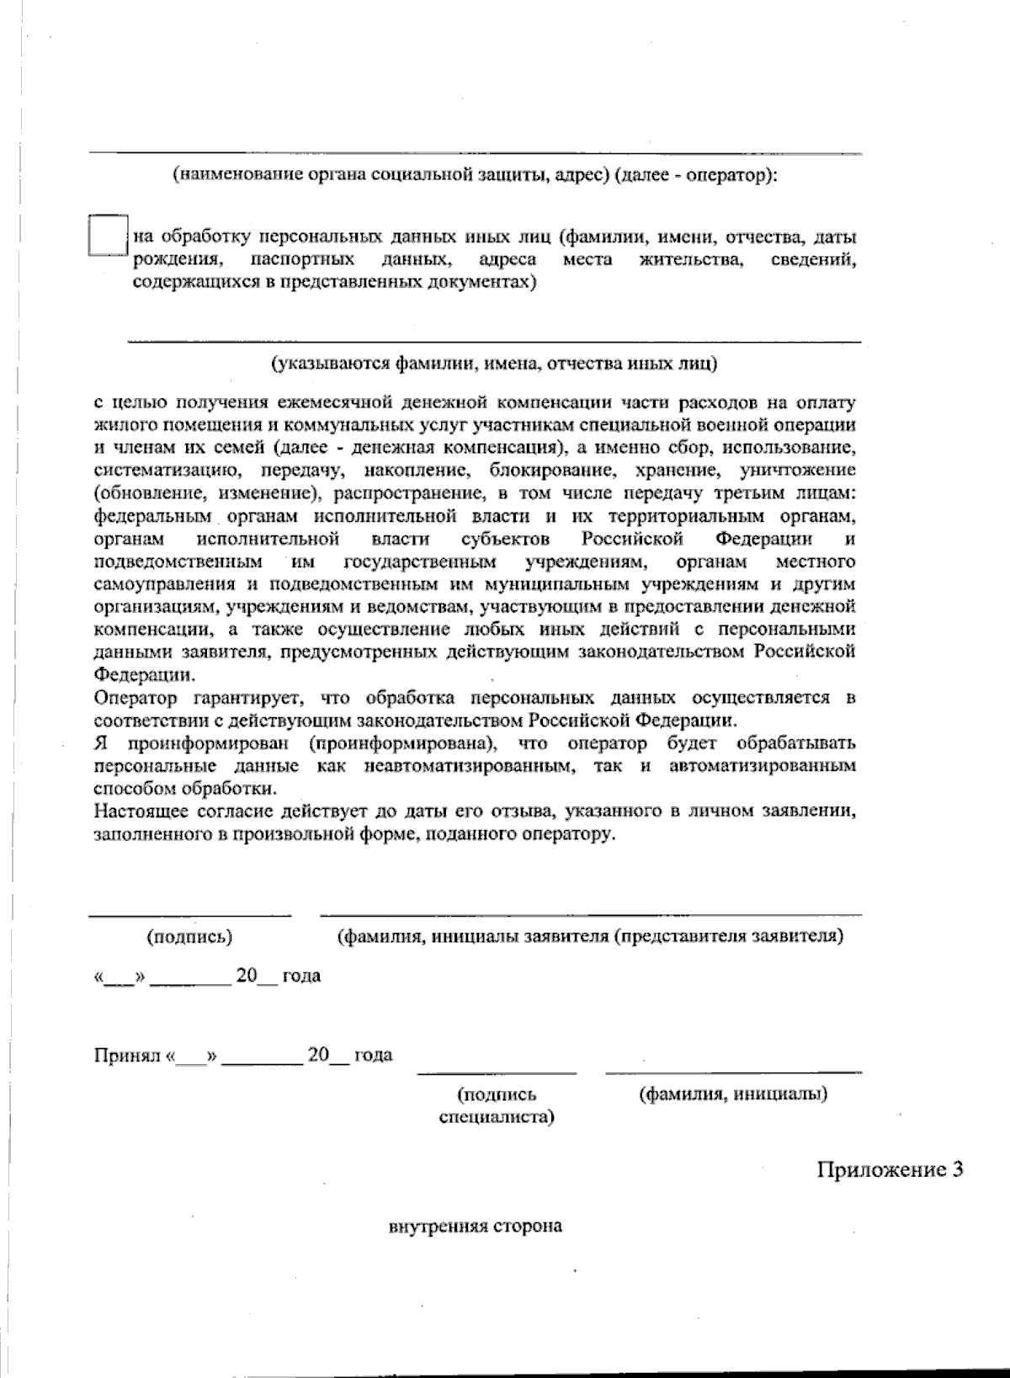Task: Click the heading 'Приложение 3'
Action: [x=890, y=1169]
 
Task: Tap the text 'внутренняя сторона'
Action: [x=475, y=1226]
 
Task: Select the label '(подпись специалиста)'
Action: [x=497, y=1106]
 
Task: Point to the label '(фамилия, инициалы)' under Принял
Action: [x=732, y=1094]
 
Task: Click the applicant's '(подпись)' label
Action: [x=189, y=936]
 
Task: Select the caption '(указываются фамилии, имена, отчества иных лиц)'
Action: [x=494, y=364]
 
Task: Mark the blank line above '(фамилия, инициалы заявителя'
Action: [x=590, y=914]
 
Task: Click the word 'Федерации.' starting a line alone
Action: [x=143, y=674]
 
